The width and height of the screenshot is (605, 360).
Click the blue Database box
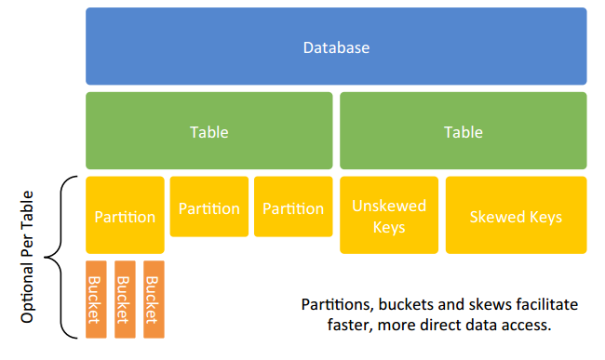click(x=336, y=47)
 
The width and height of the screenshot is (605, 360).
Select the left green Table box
click(x=208, y=131)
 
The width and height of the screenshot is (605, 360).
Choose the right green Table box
click(x=463, y=131)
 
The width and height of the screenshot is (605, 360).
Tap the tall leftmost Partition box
click(x=125, y=216)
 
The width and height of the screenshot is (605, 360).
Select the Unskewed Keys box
click(x=388, y=216)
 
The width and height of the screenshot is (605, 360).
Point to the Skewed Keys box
click(x=516, y=216)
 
